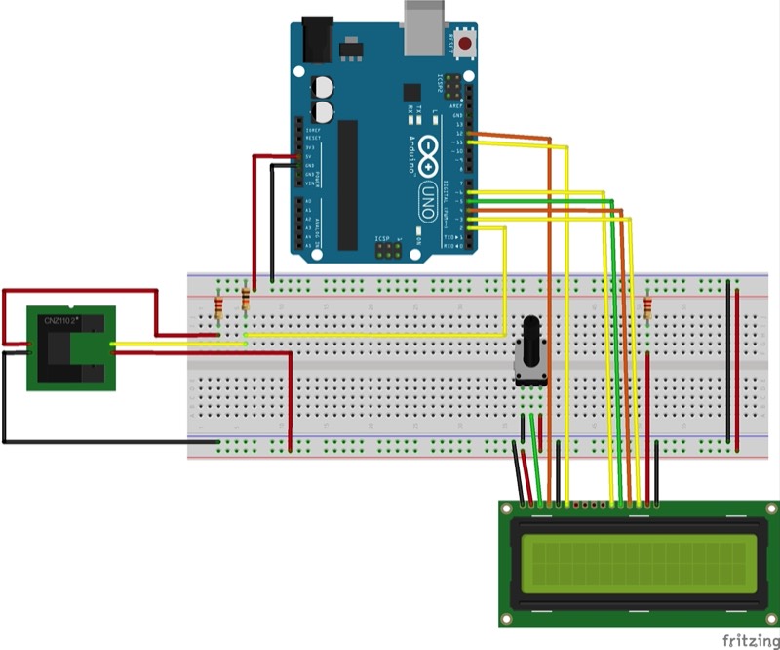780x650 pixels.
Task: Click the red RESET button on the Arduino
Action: coord(466,45)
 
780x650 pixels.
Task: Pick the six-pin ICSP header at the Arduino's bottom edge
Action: coord(388,251)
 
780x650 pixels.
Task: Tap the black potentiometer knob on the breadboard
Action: coord(532,336)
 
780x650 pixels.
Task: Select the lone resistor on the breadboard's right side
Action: coord(647,308)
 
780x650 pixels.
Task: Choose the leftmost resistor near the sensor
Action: coord(219,308)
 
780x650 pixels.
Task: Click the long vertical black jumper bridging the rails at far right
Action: coord(727,361)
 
